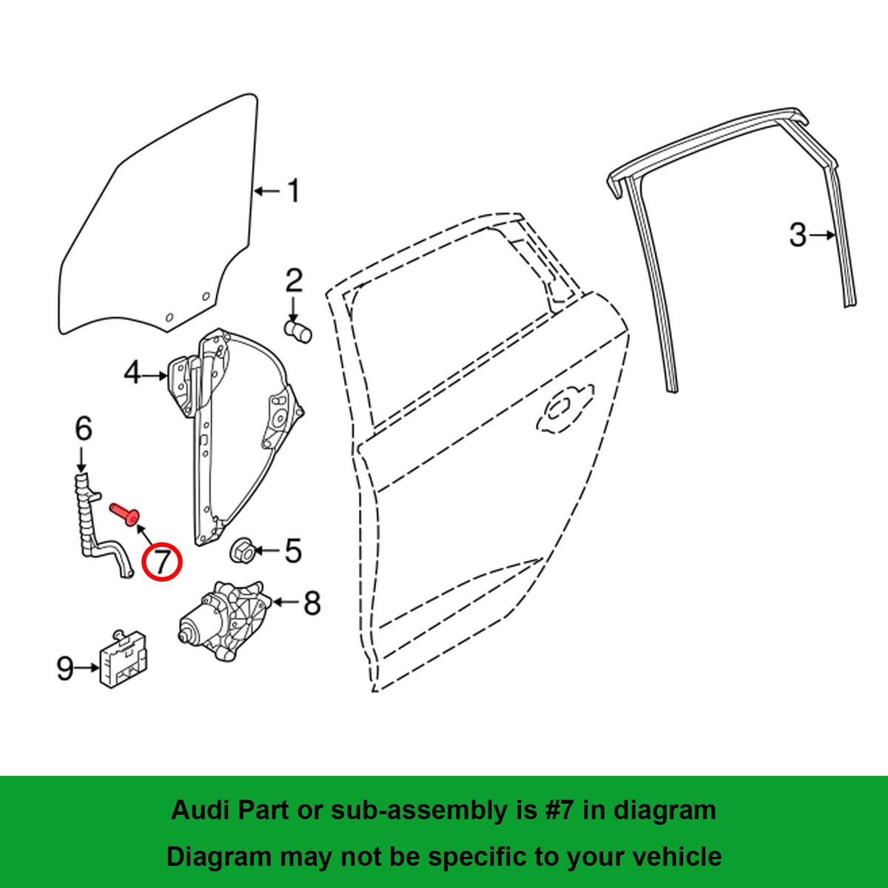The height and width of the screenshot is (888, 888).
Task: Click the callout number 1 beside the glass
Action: click(294, 191)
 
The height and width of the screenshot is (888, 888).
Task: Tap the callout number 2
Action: click(294, 281)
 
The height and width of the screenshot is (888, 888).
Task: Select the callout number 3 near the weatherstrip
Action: click(797, 235)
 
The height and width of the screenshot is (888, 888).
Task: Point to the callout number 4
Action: click(132, 374)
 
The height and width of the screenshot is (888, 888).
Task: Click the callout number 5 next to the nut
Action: click(293, 551)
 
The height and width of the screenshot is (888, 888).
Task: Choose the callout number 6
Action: click(83, 428)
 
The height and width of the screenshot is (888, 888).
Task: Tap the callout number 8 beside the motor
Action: click(312, 603)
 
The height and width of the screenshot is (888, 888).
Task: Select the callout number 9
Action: click(65, 669)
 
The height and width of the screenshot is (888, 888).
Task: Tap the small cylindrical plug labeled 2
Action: click(298, 330)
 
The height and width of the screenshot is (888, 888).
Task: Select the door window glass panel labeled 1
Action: click(163, 222)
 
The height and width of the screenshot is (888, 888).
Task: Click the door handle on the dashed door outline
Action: click(564, 408)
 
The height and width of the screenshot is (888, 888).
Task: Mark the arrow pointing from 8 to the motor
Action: click(284, 602)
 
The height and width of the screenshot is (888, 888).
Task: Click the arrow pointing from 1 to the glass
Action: click(267, 191)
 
